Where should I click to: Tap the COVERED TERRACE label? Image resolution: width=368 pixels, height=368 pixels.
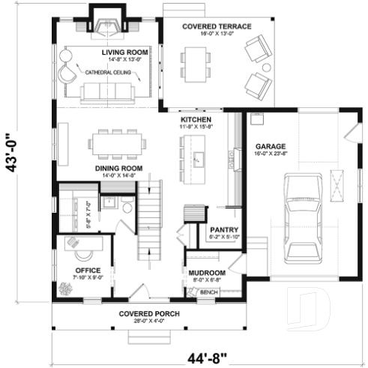tap(217, 26)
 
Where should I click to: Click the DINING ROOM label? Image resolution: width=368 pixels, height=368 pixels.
tap(115, 169)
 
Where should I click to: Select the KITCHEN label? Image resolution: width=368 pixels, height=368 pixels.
tap(195, 120)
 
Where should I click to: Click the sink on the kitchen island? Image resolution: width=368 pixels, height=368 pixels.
tap(199, 159)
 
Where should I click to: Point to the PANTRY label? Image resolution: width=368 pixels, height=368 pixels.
tap(223, 230)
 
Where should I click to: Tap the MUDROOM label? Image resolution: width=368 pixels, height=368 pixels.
tap(206, 273)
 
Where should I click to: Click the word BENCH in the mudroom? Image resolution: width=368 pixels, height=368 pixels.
tap(207, 292)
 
